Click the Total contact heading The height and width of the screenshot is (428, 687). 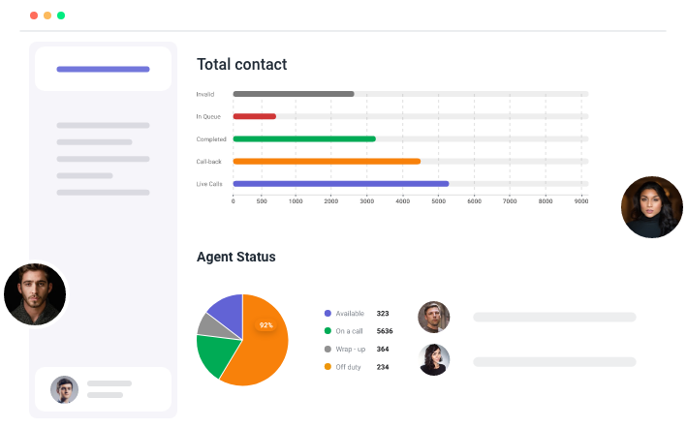[x=241, y=65]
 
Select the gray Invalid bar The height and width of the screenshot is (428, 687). [x=293, y=94]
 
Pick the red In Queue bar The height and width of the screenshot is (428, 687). [x=254, y=116]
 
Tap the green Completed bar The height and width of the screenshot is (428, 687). [x=304, y=138]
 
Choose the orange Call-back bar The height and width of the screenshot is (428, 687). [x=327, y=161]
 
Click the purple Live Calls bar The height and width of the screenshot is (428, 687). [x=340, y=183]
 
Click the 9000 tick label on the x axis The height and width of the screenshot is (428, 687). [x=581, y=200]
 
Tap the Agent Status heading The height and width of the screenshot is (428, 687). [x=235, y=257]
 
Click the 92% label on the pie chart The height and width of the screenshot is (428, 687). [x=265, y=325]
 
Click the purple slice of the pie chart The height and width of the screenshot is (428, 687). [x=227, y=309]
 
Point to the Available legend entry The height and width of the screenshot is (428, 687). [x=349, y=314]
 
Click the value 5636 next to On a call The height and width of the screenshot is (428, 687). [x=384, y=331]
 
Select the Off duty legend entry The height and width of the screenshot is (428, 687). [x=348, y=367]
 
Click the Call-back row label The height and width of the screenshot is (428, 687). [x=209, y=161]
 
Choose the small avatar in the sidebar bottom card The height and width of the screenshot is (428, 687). [x=64, y=389]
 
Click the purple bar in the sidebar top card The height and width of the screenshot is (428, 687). [x=103, y=69]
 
